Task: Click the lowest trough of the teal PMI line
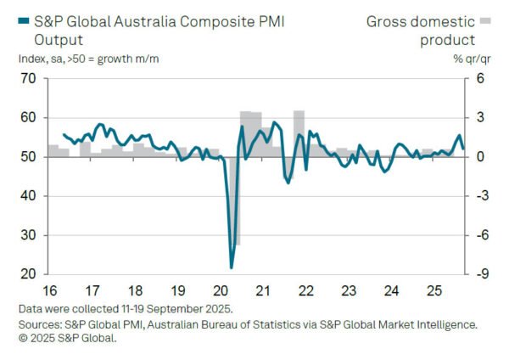[232, 267]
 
